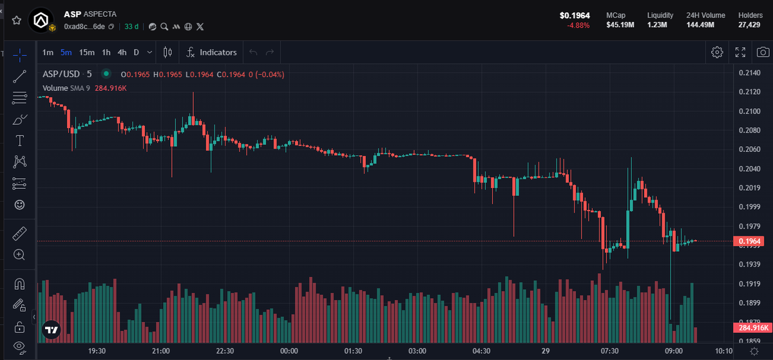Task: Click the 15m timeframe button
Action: pos(87,52)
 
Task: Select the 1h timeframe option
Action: pos(106,52)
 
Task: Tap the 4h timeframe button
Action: pos(122,52)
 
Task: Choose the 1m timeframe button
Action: pos(48,52)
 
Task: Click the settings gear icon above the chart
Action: pos(717,52)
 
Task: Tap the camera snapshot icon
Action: pos(762,52)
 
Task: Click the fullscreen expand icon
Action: pos(740,52)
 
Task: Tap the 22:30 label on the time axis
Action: pos(225,351)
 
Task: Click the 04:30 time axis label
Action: pos(481,351)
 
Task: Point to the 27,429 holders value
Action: pos(750,25)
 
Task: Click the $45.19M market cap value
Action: pos(620,25)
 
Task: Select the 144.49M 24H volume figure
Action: pos(705,25)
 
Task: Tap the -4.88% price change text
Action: pos(578,25)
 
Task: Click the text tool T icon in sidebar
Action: pos(19,140)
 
